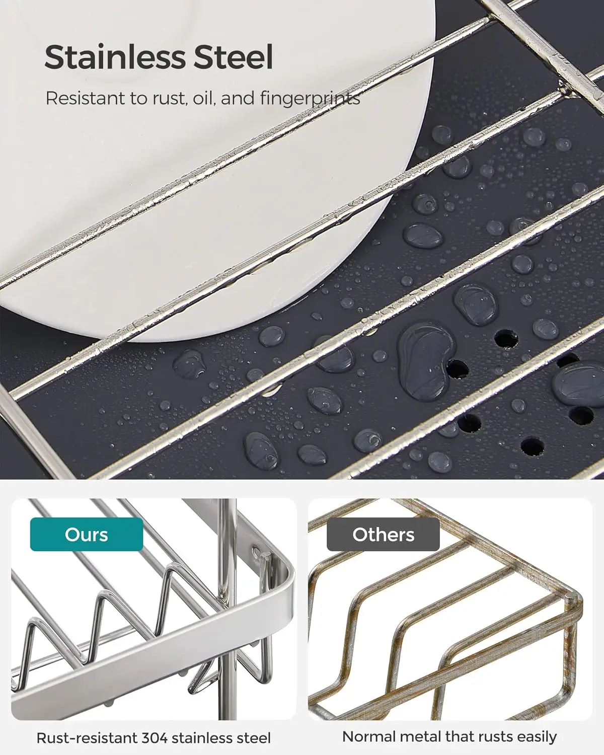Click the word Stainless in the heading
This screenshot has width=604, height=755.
pyautogui.click(x=115, y=57)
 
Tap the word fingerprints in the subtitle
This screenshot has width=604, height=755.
pyautogui.click(x=310, y=98)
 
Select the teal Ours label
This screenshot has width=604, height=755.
pyautogui.click(x=87, y=535)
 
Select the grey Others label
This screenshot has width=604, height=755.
pyautogui.click(x=383, y=535)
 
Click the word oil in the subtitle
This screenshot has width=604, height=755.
pyautogui.click(x=204, y=98)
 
